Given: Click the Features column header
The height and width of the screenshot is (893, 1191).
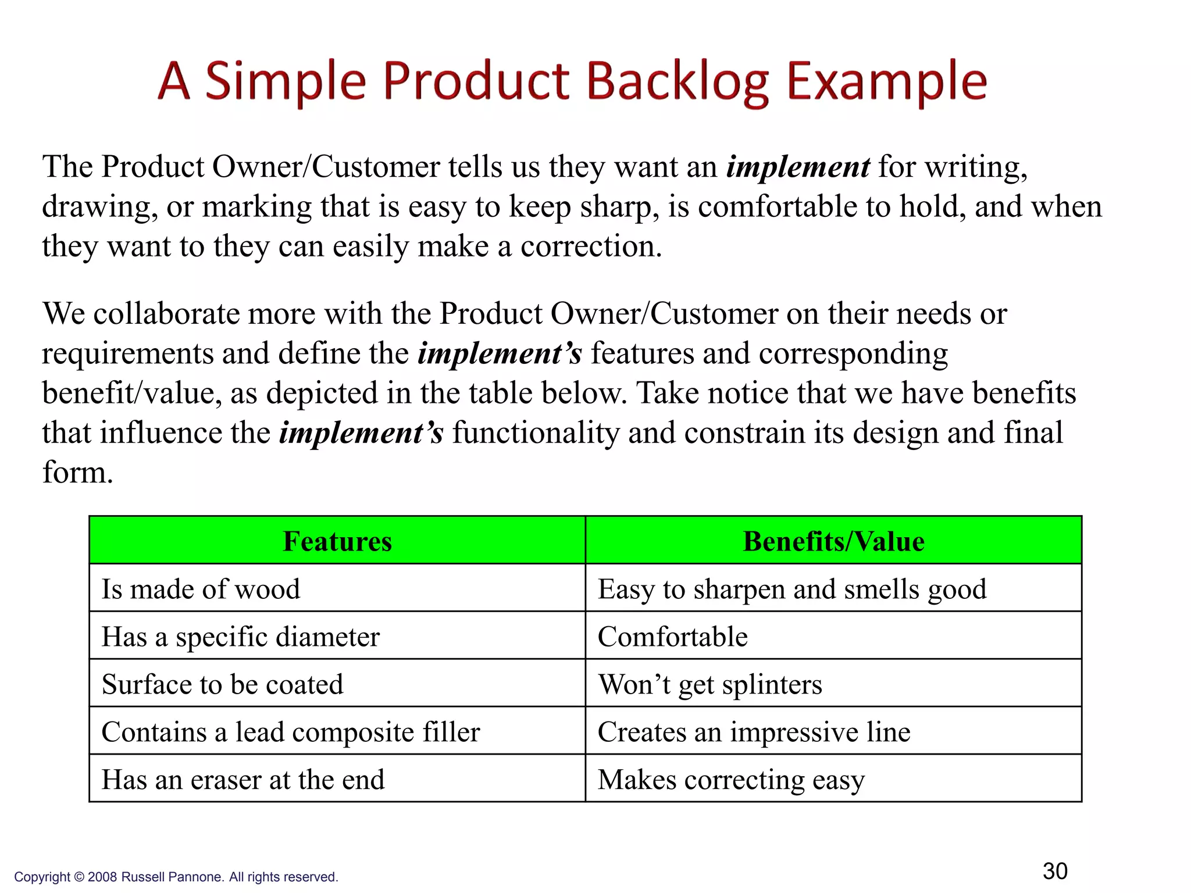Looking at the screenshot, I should pos(337,541).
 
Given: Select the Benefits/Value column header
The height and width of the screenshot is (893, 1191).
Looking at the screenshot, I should pos(833,541).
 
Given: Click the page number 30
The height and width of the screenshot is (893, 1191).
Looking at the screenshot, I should pos(1055,871).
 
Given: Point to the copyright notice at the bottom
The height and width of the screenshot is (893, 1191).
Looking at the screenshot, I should pos(176,877).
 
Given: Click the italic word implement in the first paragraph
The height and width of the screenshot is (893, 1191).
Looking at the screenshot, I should pos(798,167).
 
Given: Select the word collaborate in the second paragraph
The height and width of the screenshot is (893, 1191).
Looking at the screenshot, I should pos(166,314).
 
